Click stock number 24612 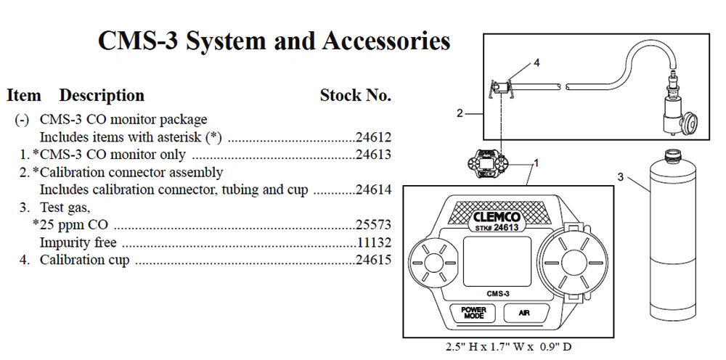point(374,137)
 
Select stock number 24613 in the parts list point(374,155)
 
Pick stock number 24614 point(374,189)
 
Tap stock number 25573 point(374,225)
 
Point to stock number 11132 point(374,242)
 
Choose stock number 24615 point(374,260)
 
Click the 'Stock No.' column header point(355,96)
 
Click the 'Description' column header point(102,96)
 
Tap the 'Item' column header point(24,96)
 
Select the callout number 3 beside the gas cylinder point(621,176)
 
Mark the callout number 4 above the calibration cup point(537,63)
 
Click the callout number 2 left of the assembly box point(460,113)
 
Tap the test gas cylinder point(672,240)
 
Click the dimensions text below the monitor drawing point(508,347)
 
